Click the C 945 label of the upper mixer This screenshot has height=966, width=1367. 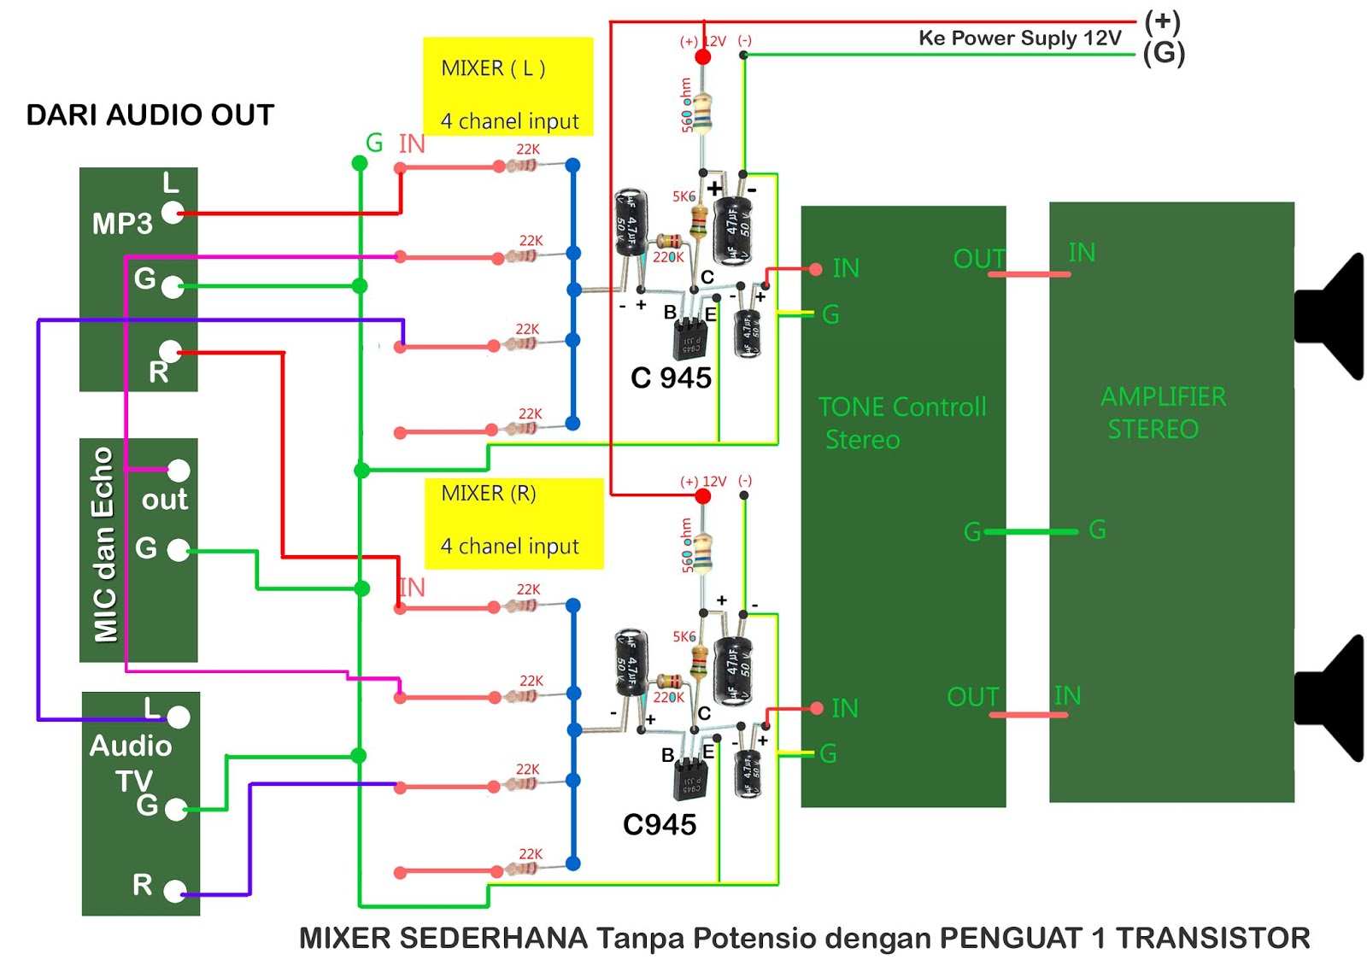pos(671,378)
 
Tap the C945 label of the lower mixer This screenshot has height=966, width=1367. pos(659,824)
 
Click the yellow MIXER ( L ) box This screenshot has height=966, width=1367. pos(507,85)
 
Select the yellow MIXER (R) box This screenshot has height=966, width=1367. pos(513,523)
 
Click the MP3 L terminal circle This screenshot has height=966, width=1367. pos(173,213)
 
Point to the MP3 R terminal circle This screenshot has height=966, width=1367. pos(171,351)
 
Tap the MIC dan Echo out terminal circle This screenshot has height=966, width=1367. pos(179,470)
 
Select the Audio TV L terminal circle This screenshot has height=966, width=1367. pos(179,717)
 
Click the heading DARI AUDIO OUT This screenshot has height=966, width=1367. pos(150,114)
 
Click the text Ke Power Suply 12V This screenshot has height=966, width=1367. pos(1019,38)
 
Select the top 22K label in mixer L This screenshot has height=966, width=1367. pos(528,149)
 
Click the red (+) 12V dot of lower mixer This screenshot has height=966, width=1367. pos(703,496)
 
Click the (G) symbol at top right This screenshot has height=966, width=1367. pos(1164,53)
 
